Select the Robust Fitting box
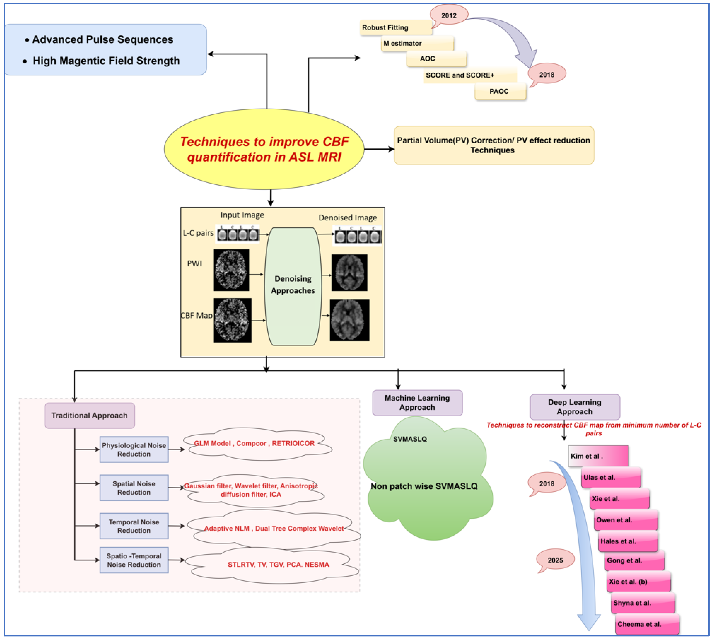pos(396,27)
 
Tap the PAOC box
pos(500,91)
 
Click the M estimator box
pos(418,43)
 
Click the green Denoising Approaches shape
pos(293,286)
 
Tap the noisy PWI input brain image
pos(231,270)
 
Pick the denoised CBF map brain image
pos(350,320)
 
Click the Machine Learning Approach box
pos(418,403)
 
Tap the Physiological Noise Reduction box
pos(134,449)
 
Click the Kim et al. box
pos(598,456)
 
